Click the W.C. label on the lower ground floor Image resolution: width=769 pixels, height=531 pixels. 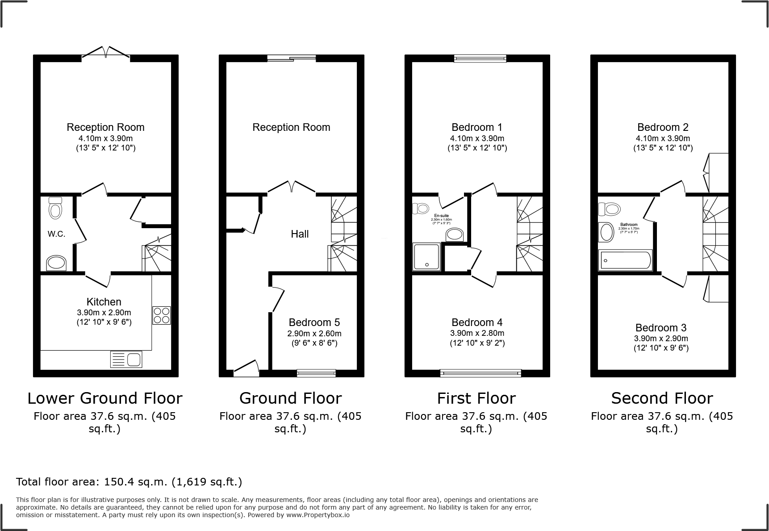(56, 234)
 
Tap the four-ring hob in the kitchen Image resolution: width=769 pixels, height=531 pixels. (161, 315)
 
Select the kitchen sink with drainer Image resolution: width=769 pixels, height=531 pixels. (126, 360)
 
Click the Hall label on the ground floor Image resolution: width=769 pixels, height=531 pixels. (300, 234)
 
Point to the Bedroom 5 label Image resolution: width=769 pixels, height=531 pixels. (314, 322)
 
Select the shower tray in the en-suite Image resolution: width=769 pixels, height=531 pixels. (426, 257)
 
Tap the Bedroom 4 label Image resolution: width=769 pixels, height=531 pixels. (477, 322)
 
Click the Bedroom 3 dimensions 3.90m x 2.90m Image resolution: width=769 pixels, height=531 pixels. (661, 339)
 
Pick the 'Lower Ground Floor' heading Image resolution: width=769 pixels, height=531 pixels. (105, 398)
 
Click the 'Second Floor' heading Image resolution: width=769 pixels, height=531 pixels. (662, 398)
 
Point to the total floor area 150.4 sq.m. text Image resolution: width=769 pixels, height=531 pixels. (129, 482)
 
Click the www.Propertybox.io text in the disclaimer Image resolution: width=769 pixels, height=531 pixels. (318, 515)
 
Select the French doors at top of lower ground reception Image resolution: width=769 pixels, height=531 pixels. (106, 52)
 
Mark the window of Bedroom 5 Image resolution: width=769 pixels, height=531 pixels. (317, 372)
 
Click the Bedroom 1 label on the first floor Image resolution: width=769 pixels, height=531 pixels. (477, 127)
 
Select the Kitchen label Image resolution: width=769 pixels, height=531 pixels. (104, 302)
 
